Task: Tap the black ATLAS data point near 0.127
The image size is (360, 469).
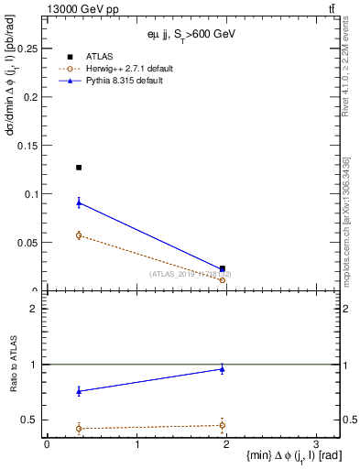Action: click(x=79, y=168)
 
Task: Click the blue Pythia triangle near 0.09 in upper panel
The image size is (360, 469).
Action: click(x=79, y=202)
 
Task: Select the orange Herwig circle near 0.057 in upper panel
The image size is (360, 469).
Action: click(x=79, y=235)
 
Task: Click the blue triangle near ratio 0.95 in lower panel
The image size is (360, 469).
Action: click(x=223, y=368)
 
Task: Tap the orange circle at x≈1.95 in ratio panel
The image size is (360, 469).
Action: click(x=223, y=425)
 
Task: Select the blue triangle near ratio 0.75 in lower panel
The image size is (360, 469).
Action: click(x=79, y=391)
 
